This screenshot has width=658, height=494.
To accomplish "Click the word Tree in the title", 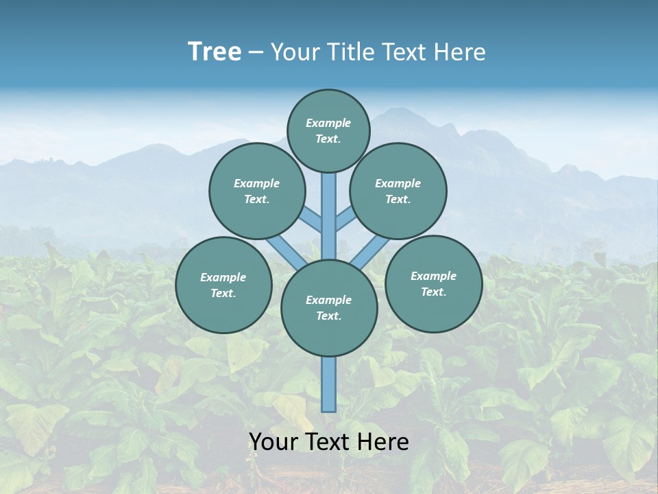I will pyautogui.click(x=215, y=52).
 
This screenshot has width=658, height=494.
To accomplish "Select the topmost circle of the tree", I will pyautogui.click(x=328, y=130).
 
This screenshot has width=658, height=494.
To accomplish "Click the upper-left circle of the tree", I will pyautogui.click(x=257, y=191).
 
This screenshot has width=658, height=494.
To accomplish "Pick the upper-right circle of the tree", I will pyautogui.click(x=398, y=191).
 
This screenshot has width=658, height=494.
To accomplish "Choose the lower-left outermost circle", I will pyautogui.click(x=223, y=285).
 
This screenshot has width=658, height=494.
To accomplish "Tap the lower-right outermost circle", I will pyautogui.click(x=434, y=283).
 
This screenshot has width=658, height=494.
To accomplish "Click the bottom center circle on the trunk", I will pyautogui.click(x=329, y=308).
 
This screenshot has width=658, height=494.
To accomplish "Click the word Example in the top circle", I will pyautogui.click(x=328, y=123).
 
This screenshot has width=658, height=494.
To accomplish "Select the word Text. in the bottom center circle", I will pyautogui.click(x=328, y=316).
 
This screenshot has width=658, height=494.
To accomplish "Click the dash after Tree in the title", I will pyautogui.click(x=256, y=53).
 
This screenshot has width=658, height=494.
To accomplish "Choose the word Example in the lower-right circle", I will pyautogui.click(x=433, y=276).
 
